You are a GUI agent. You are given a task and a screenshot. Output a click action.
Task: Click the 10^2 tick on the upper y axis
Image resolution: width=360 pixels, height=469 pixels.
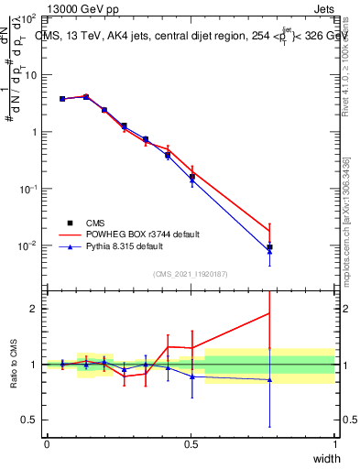27,18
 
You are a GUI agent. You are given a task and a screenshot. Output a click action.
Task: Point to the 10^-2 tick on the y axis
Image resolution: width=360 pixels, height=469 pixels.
27,245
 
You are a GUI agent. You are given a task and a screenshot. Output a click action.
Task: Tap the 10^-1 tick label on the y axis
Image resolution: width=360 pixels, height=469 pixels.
27,189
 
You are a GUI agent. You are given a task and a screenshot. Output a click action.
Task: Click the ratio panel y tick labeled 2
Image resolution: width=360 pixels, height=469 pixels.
31,309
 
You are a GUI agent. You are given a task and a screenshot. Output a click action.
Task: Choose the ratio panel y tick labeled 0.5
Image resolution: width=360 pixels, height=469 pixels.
27,420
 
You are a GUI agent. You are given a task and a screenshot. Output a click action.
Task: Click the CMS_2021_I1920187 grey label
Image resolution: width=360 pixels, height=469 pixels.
190,273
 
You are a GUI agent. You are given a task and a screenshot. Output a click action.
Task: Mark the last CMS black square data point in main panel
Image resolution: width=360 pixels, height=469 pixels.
269,247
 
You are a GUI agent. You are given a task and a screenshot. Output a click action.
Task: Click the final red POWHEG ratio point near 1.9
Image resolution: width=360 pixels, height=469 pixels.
269,313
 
